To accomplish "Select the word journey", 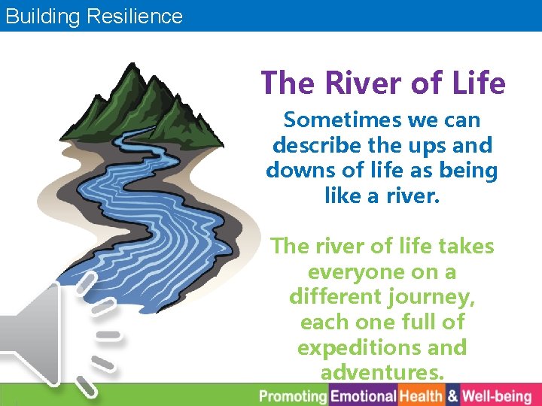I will pyautogui.click(x=434, y=297).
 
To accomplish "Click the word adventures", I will pyautogui.click(x=382, y=373).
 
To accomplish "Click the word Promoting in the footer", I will pyautogui.click(x=294, y=395).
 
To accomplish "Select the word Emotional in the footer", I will pyautogui.click(x=364, y=395).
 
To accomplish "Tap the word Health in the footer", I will pyautogui.click(x=422, y=395).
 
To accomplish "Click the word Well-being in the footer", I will pyautogui.click(x=497, y=395).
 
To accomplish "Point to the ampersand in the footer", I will pyautogui.click(x=452, y=395).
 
